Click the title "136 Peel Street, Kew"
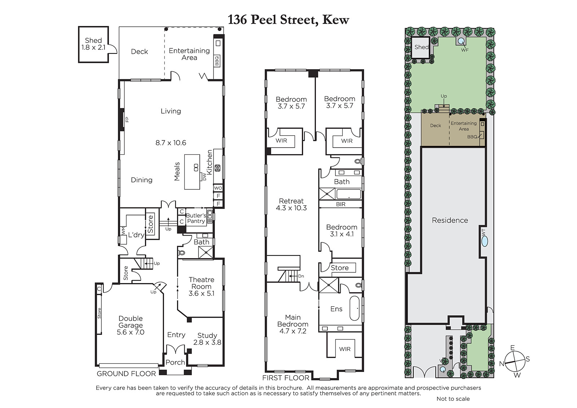(x=288, y=19)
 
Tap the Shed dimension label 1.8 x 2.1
(x=93, y=47)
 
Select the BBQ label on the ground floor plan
(x=217, y=61)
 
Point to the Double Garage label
(x=131, y=322)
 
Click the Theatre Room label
(x=202, y=283)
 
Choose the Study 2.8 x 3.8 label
(x=207, y=339)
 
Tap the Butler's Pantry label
(x=196, y=218)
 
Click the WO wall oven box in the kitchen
(x=218, y=188)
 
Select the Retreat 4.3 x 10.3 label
(x=291, y=205)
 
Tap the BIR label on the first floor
(x=340, y=204)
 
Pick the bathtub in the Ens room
(x=354, y=308)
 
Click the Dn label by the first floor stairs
(x=301, y=276)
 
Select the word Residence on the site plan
(x=450, y=220)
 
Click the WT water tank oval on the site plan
(x=485, y=242)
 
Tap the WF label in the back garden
(x=465, y=50)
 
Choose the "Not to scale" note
(x=453, y=399)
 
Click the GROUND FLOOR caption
(x=126, y=374)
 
